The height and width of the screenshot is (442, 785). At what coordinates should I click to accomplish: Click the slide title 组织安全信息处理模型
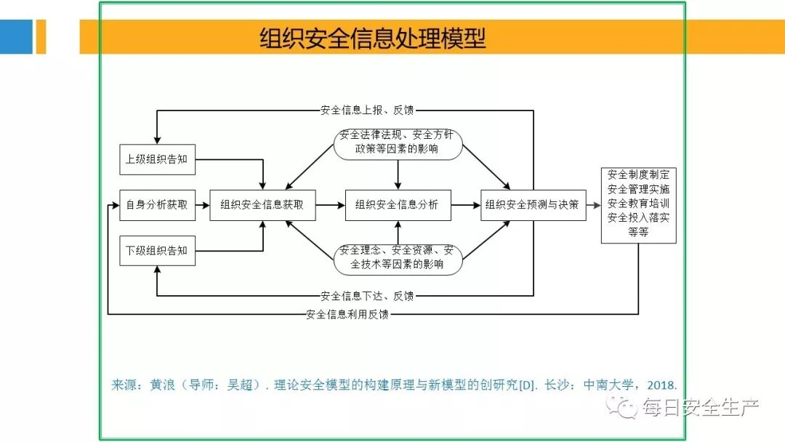[x=373, y=38]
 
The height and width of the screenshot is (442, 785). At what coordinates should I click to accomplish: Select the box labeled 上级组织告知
[x=157, y=159]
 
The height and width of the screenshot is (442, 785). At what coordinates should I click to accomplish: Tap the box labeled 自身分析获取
[x=157, y=205]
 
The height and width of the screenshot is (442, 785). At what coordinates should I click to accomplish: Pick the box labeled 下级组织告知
[x=157, y=251]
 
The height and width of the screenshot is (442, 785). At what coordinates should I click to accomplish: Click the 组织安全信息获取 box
[x=262, y=205]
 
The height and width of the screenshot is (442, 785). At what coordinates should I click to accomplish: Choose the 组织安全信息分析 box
[x=398, y=205]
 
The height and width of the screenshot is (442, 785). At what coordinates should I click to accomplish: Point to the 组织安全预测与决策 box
[x=533, y=205]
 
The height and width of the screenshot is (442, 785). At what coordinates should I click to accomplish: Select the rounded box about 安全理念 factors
[x=398, y=258]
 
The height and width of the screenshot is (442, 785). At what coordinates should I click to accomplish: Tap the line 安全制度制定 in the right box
[x=638, y=175]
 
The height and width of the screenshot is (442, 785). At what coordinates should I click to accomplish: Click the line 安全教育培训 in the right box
[x=638, y=204]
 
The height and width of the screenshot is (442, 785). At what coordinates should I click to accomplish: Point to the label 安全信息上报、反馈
[x=367, y=111]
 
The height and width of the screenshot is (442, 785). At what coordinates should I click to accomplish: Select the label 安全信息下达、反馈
[x=367, y=296]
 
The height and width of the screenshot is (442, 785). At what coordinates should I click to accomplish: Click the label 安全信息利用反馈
[x=347, y=315]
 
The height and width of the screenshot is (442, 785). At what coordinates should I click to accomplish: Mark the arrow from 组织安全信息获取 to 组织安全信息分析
[x=331, y=205]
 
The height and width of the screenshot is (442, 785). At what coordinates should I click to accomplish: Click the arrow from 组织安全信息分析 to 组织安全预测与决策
[x=465, y=205]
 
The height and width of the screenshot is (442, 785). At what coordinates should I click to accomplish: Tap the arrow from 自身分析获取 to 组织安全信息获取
[x=203, y=205]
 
